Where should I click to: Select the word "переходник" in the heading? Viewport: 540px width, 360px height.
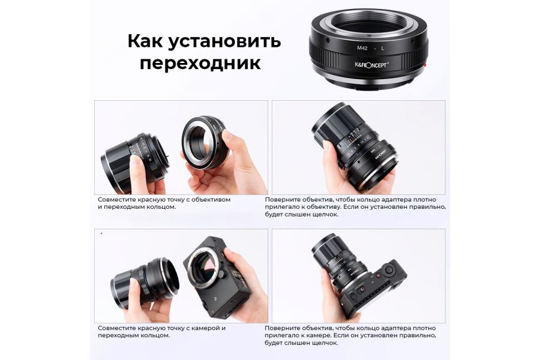point(200,64)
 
